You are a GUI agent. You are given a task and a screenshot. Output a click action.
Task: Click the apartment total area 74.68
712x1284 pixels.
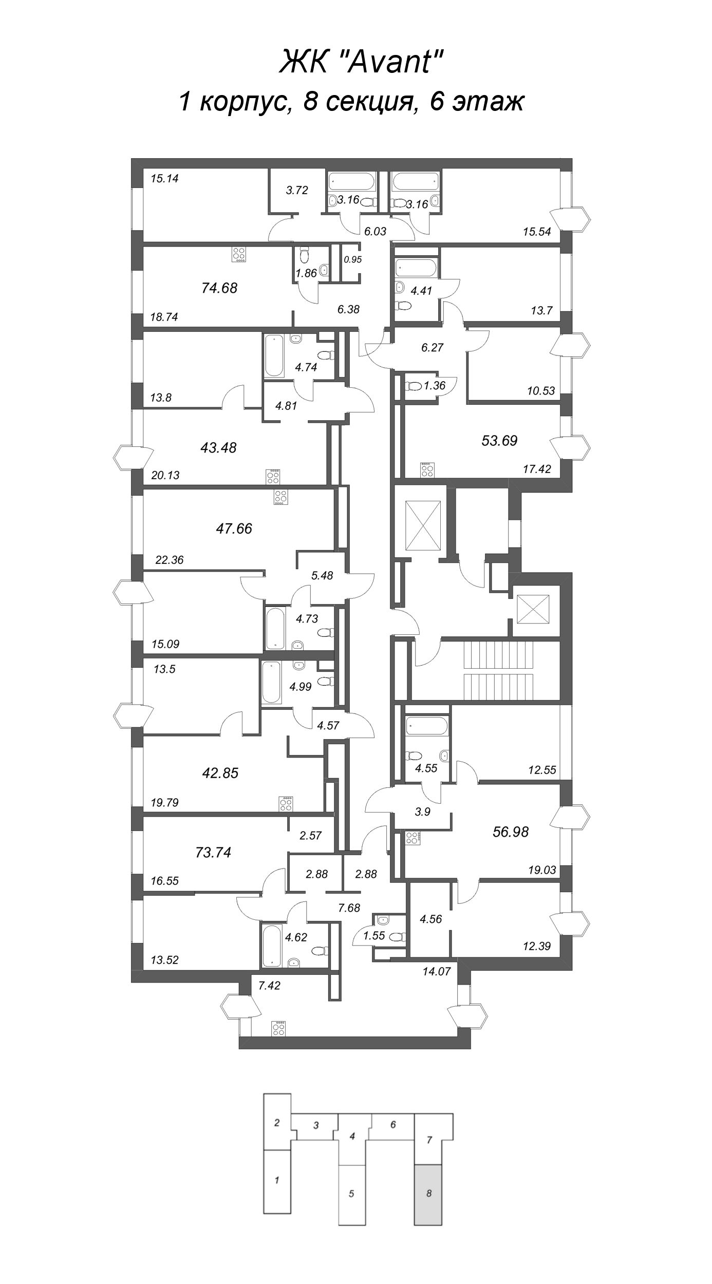219,288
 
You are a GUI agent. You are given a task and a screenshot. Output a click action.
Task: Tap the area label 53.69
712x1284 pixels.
499,440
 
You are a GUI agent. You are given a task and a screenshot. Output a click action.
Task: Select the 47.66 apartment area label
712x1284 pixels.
234,528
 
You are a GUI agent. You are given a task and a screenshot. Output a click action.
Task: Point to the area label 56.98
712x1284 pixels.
510,832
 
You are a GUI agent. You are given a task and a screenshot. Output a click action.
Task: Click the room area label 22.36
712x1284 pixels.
169,560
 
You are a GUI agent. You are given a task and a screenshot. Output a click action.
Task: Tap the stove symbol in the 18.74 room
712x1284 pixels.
239,254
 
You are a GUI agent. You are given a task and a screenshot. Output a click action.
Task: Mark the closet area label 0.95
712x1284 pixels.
352,260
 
